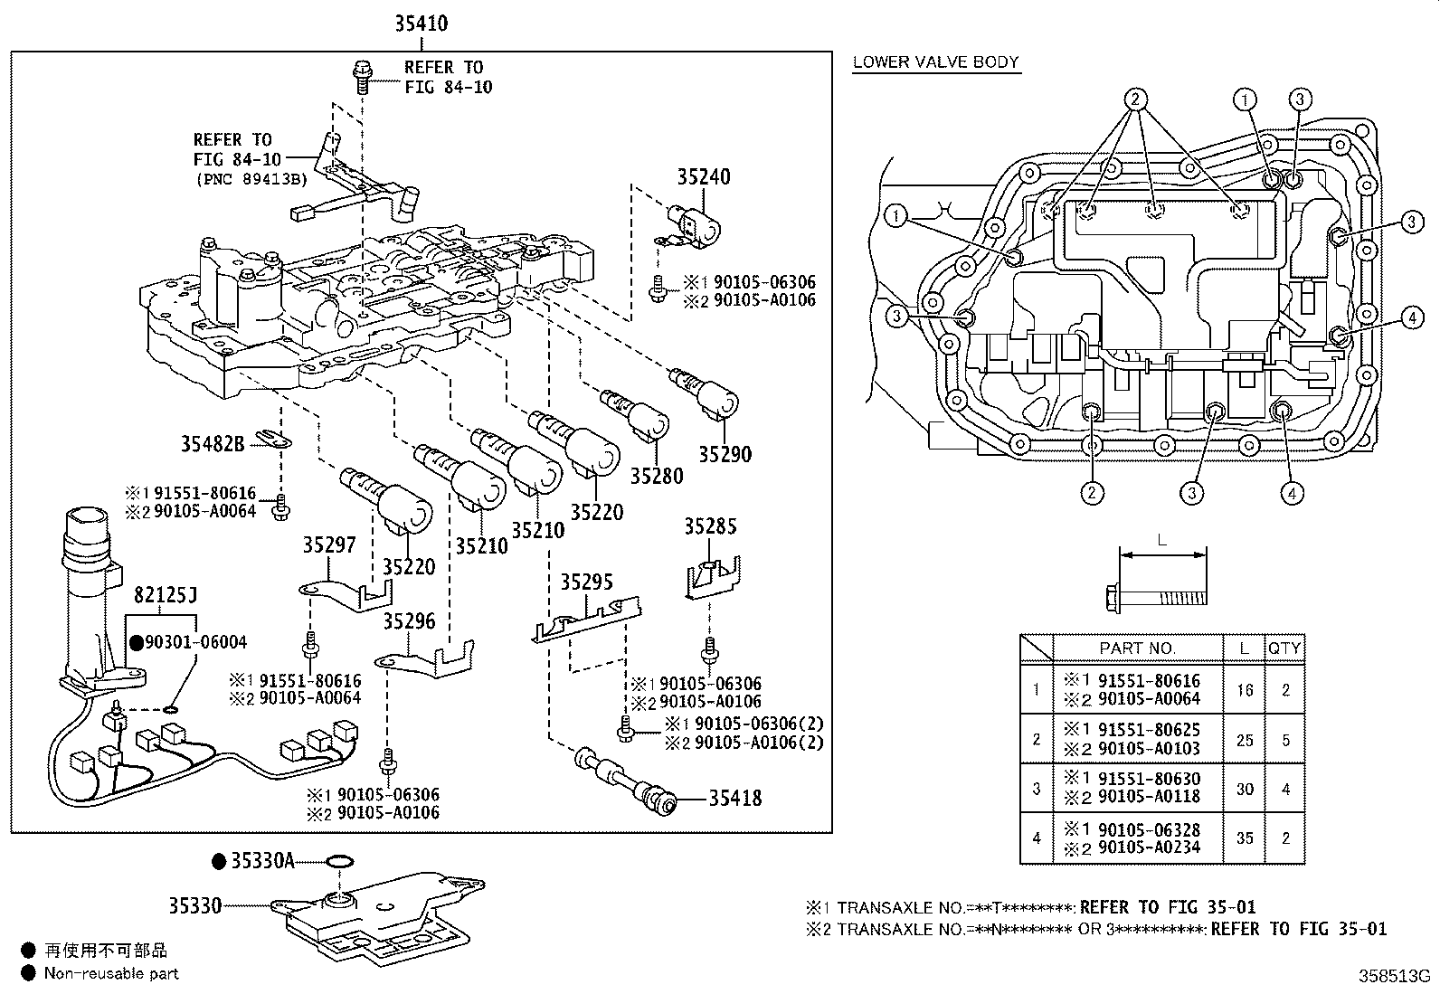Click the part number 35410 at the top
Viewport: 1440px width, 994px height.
pyautogui.click(x=422, y=24)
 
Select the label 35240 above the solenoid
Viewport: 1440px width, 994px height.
pyautogui.click(x=704, y=176)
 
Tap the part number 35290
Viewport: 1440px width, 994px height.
pyautogui.click(x=725, y=455)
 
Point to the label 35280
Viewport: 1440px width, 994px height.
pyautogui.click(x=657, y=477)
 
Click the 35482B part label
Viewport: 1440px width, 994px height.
pyautogui.click(x=213, y=444)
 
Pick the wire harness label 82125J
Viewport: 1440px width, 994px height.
pyautogui.click(x=166, y=595)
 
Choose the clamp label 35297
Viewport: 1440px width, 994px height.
pyautogui.click(x=329, y=545)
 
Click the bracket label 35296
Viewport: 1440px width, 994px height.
pyautogui.click(x=410, y=621)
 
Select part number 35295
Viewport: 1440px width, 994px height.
pyautogui.click(x=587, y=582)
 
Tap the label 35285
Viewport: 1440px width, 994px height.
pyautogui.click(x=710, y=526)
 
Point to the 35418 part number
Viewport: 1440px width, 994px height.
pyautogui.click(x=735, y=799)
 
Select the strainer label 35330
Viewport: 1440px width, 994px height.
pyautogui.click(x=195, y=906)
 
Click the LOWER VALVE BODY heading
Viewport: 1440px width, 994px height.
pyautogui.click(x=936, y=62)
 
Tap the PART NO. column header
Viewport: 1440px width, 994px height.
pyautogui.click(x=1137, y=648)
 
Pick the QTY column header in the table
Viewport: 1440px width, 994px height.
pyautogui.click(x=1284, y=648)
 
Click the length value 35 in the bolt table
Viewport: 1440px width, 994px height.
pyautogui.click(x=1246, y=838)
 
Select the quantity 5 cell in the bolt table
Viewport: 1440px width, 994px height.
pyautogui.click(x=1285, y=740)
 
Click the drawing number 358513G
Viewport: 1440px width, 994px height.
pyautogui.click(x=1394, y=976)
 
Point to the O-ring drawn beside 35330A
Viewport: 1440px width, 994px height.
pyautogui.click(x=340, y=862)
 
